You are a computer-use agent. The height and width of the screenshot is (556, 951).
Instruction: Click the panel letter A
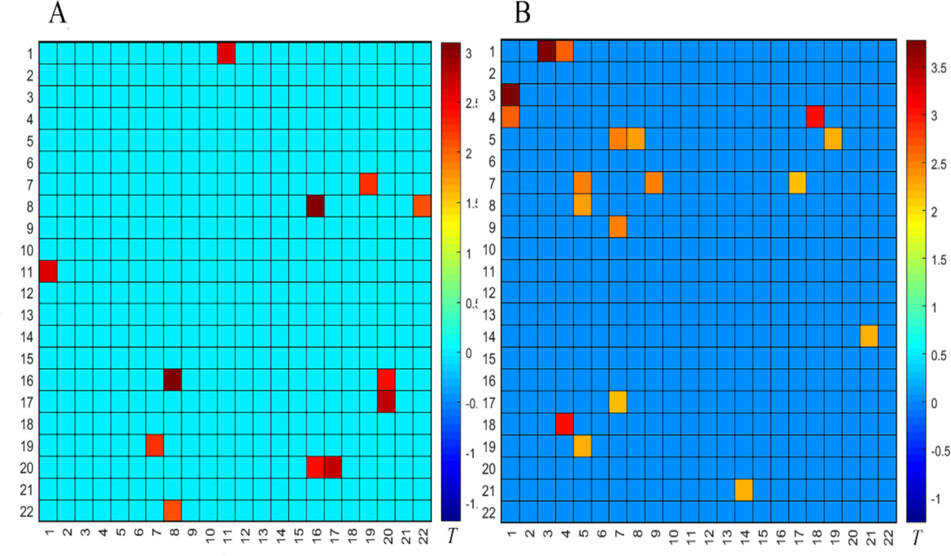pyautogui.click(x=58, y=13)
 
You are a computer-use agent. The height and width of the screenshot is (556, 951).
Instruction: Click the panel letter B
pyautogui.click(x=522, y=13)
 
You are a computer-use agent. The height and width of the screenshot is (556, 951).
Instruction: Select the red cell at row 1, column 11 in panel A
pyautogui.click(x=226, y=53)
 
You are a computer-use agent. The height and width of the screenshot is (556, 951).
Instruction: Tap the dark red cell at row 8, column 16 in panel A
pyautogui.click(x=315, y=206)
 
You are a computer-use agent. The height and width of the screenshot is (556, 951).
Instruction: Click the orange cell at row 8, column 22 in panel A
pyautogui.click(x=422, y=206)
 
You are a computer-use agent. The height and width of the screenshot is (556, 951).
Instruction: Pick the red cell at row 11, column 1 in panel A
pyautogui.click(x=48, y=271)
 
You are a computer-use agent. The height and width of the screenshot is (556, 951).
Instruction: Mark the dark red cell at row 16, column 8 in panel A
pyautogui.click(x=172, y=380)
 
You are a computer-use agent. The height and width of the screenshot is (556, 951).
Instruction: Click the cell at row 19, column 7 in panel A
pyautogui.click(x=155, y=445)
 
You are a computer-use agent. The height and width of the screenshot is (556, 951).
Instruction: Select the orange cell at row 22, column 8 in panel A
pyautogui.click(x=172, y=510)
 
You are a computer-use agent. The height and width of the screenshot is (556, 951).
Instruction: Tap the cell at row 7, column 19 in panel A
pyautogui.click(x=368, y=184)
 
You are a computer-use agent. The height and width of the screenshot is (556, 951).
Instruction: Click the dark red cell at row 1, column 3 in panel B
pyautogui.click(x=546, y=51)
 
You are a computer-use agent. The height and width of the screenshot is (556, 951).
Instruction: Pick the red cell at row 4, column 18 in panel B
pyautogui.click(x=815, y=117)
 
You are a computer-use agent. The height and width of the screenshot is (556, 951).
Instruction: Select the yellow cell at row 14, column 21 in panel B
pyautogui.click(x=869, y=336)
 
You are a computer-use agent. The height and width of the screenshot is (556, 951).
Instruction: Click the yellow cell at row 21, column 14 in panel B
pyautogui.click(x=743, y=490)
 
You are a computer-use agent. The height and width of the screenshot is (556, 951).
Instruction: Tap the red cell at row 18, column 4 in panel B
pyautogui.click(x=564, y=424)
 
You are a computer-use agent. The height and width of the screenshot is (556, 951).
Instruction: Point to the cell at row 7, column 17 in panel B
pyautogui.click(x=797, y=183)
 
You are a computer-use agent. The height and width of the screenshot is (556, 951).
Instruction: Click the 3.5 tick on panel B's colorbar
pyautogui.click(x=938, y=68)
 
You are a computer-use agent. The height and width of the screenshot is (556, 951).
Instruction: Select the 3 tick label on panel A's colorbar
pyautogui.click(x=468, y=54)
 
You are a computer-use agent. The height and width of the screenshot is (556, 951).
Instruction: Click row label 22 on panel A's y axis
pyautogui.click(x=27, y=511)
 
